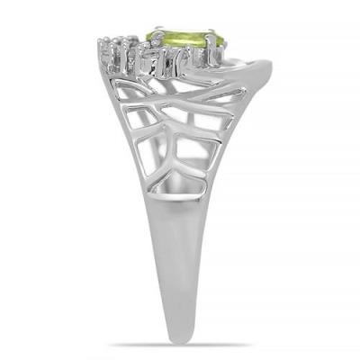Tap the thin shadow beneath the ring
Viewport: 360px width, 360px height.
click(180, 346)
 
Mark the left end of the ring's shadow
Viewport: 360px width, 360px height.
click(112, 346)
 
